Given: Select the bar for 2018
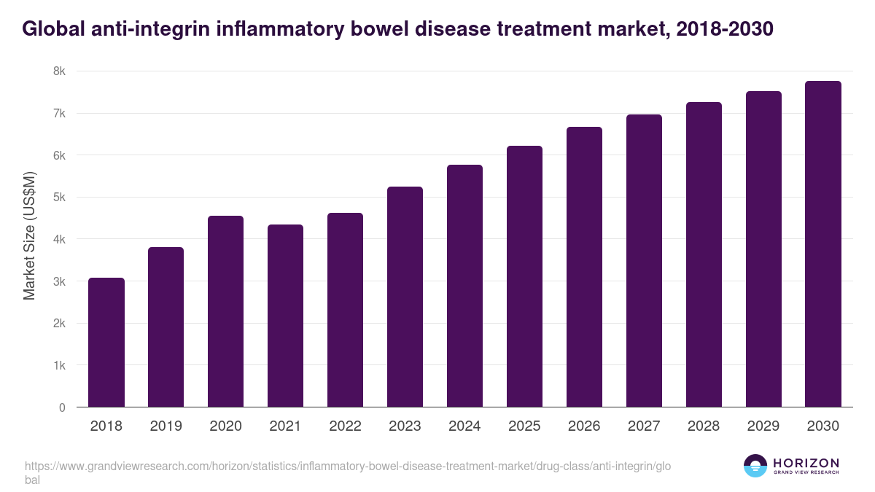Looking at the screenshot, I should (x=106, y=343).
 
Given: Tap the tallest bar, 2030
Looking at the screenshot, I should (x=823, y=244).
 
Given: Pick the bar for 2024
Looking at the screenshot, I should (x=465, y=286).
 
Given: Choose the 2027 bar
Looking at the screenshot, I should (x=645, y=261).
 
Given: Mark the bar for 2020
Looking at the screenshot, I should (x=226, y=311).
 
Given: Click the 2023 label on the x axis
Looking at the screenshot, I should (x=405, y=426).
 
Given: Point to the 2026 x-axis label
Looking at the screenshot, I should (x=584, y=426).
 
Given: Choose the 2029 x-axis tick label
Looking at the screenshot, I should (x=763, y=426).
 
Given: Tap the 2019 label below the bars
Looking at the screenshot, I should (x=166, y=426).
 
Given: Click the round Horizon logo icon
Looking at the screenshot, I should (x=755, y=466).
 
